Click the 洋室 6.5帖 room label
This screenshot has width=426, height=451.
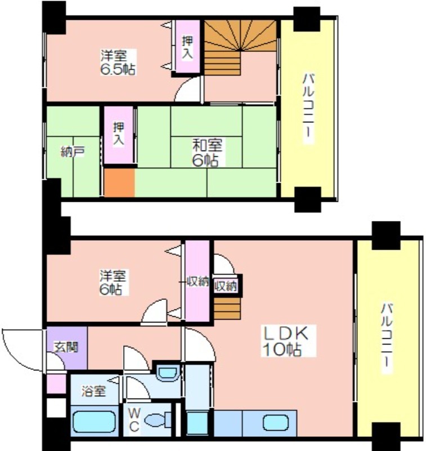point(118,63)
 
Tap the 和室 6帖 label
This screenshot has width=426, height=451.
point(207,152)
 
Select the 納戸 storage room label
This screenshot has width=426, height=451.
point(73,152)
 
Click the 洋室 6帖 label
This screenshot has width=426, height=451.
point(113,282)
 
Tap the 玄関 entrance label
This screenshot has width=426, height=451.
point(66,347)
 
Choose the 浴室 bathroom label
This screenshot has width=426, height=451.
point(93,391)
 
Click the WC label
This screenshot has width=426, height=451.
point(134,419)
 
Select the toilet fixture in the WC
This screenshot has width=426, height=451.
point(158,421)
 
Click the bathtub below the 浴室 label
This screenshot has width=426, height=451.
point(95,421)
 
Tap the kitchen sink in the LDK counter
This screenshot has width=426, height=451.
point(276,422)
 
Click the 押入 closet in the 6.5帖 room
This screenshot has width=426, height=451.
point(188,46)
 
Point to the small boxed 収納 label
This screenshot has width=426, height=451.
point(226,286)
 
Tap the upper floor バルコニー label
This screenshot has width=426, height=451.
point(308,108)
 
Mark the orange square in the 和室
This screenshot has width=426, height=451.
point(119,183)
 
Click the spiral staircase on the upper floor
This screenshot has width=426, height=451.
point(240,48)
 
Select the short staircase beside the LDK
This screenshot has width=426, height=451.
point(227,308)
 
